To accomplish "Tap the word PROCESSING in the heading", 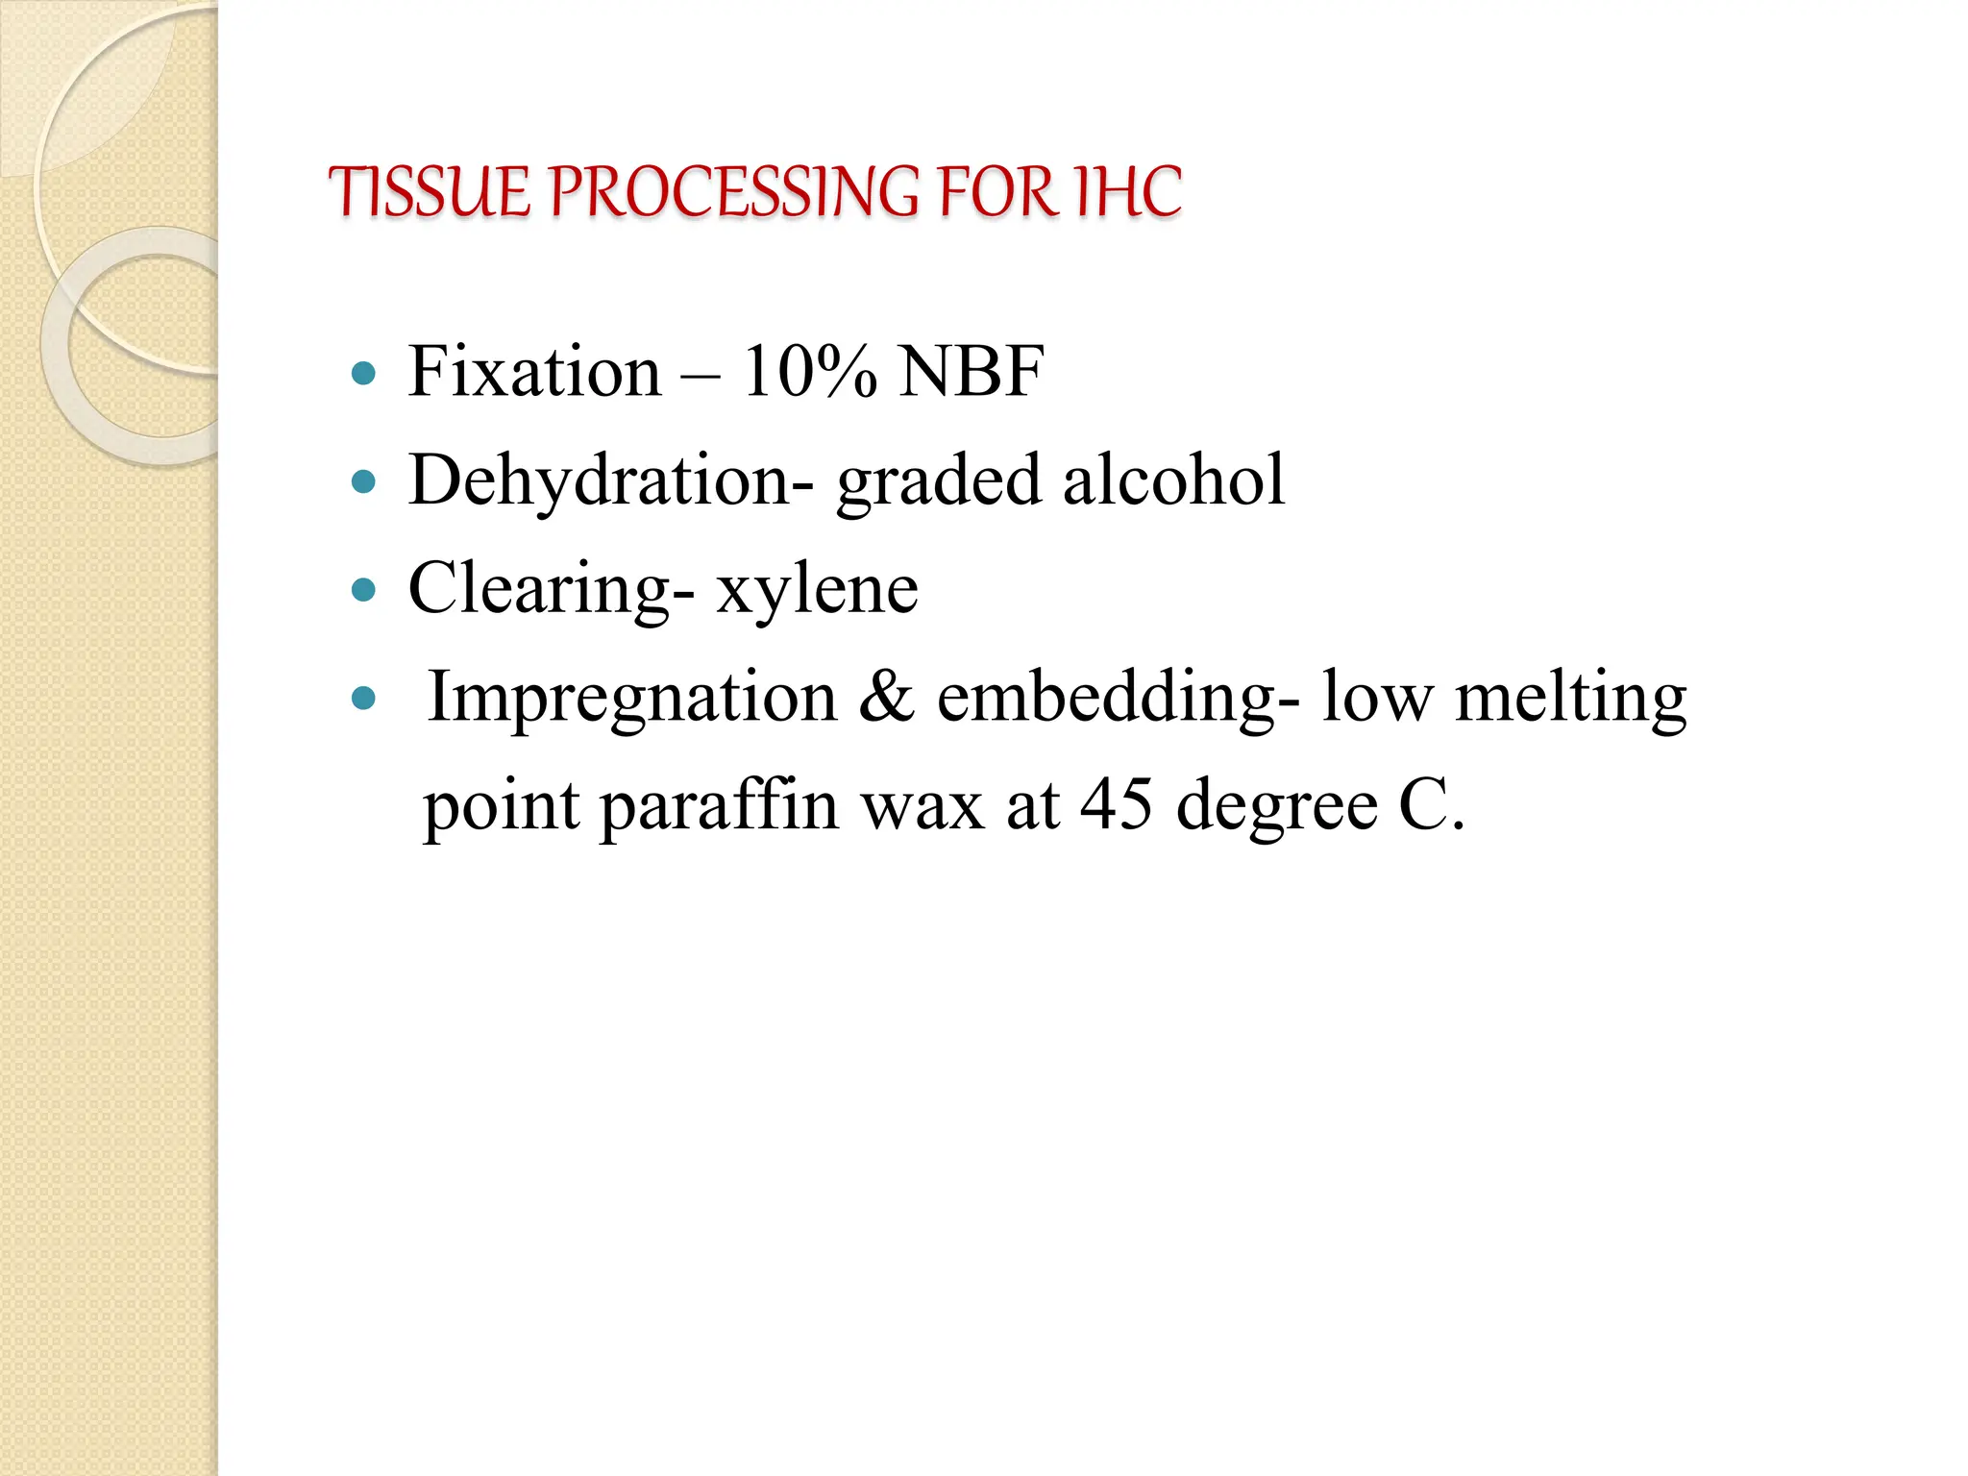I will coord(735,192).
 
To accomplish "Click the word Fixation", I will coord(534,372).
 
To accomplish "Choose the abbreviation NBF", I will coord(971,372).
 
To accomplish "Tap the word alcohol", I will coord(1173,480).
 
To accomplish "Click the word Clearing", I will coord(539,589).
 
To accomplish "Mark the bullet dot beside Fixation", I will coord(364,373).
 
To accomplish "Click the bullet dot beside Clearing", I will coord(364,589).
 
